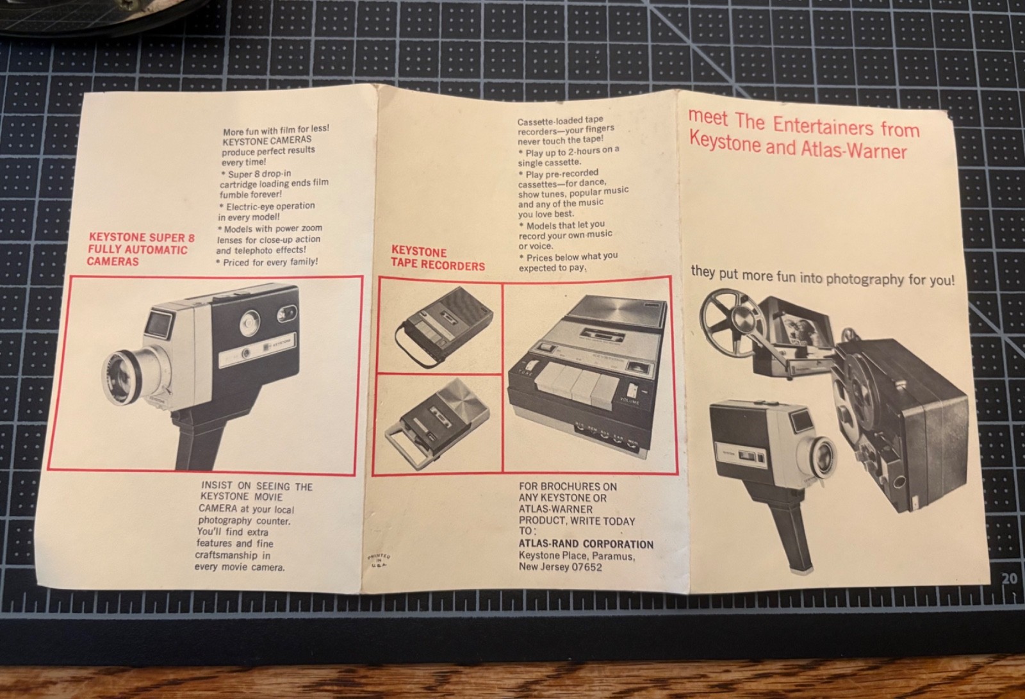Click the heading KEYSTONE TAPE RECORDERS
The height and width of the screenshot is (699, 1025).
(438, 259)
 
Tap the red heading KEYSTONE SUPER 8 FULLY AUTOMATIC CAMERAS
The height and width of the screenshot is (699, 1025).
(140, 249)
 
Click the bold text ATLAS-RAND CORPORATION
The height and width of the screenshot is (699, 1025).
(586, 545)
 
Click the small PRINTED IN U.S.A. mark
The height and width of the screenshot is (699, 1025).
(379, 561)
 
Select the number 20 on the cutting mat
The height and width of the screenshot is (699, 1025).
(1009, 579)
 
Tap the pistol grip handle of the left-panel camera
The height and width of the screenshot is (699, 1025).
(201, 440)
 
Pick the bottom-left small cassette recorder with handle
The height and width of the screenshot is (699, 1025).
(437, 424)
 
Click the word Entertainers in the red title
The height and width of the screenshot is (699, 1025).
(823, 126)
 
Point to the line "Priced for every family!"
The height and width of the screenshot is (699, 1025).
(267, 262)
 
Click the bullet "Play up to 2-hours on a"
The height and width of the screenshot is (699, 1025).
(569, 151)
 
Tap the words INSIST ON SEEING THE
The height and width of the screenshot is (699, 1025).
(257, 486)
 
